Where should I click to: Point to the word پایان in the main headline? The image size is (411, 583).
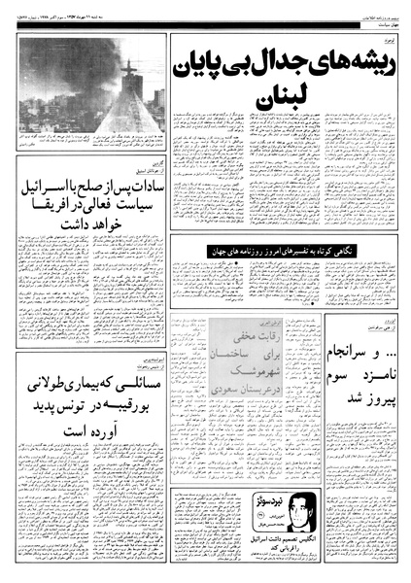(199, 66)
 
